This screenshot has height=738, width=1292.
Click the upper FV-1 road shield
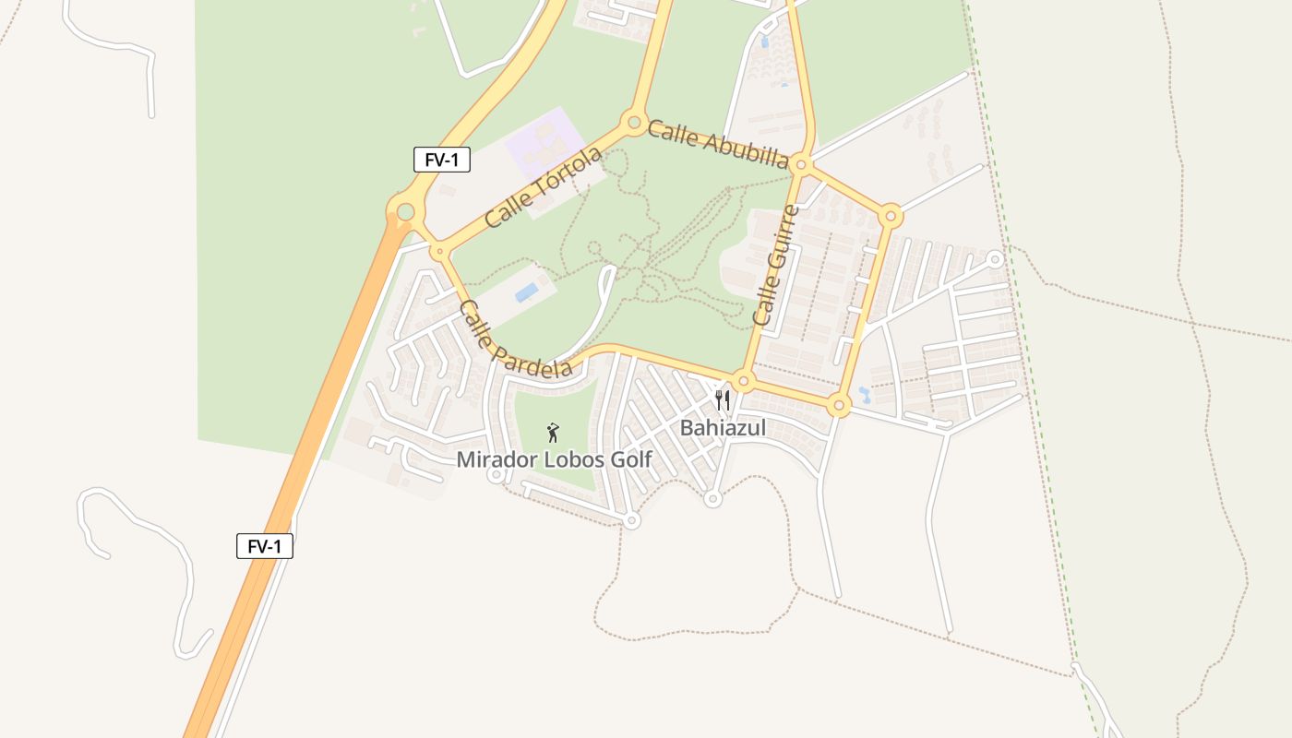tap(442, 160)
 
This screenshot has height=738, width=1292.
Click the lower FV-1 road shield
tap(265, 546)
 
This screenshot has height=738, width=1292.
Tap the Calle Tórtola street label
tap(543, 187)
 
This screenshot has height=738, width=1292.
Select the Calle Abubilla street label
tap(718, 144)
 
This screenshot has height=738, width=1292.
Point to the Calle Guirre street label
tap(775, 265)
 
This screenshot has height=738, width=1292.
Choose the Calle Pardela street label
tap(514, 339)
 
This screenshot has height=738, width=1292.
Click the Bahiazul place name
tap(723, 428)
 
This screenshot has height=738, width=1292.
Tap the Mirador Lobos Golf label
tap(554, 459)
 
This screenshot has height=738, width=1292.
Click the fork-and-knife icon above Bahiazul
tap(723, 400)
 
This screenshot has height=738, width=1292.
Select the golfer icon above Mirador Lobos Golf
tap(553, 432)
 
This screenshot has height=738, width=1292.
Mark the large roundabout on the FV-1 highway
tap(405, 212)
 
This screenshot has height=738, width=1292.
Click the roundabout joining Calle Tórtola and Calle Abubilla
tap(634, 122)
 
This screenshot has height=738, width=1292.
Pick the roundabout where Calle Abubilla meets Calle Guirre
tap(801, 165)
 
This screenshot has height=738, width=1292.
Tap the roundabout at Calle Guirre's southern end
tap(744, 381)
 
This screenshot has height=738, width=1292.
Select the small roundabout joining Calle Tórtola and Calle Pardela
tap(439, 251)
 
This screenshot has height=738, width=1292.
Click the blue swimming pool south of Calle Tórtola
tap(527, 292)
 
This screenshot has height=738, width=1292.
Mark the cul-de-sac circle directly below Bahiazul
tap(712, 499)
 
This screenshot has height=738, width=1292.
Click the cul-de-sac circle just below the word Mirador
tap(496, 475)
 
